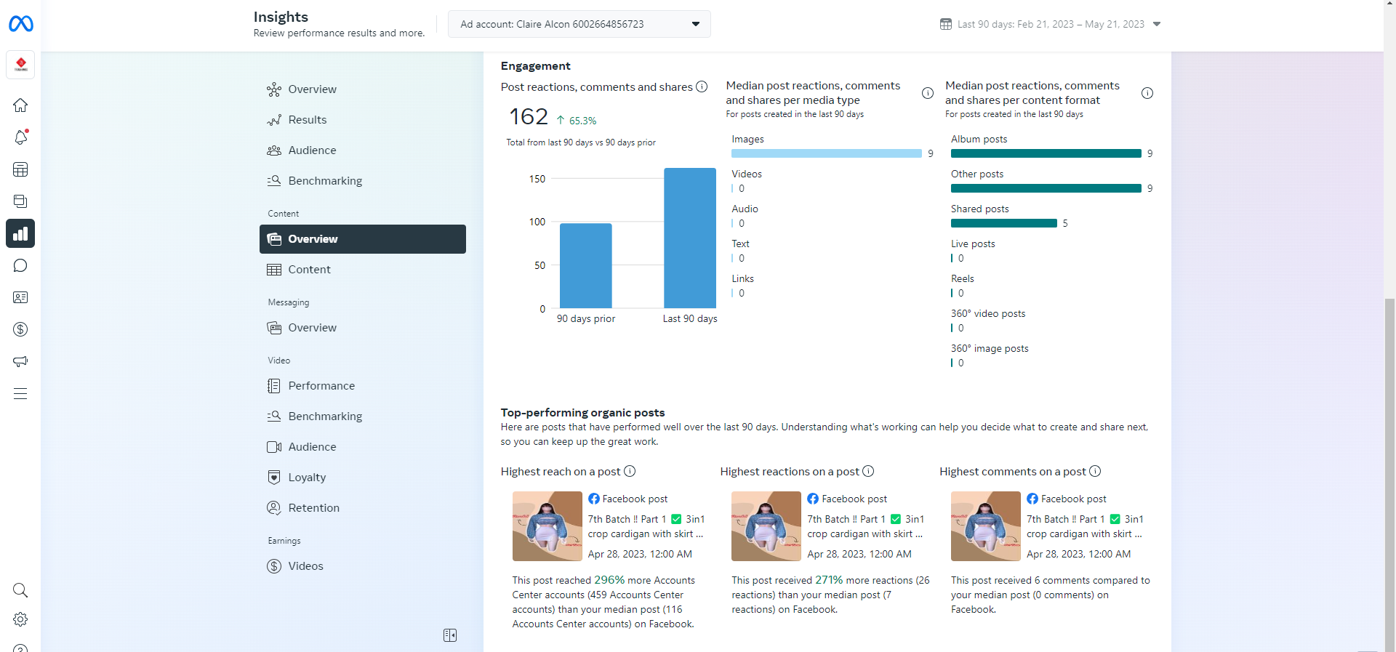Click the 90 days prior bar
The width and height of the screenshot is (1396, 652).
585,265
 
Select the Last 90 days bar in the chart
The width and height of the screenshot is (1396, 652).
689,238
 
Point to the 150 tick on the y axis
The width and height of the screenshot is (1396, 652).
537,179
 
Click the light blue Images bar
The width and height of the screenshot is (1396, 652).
826,153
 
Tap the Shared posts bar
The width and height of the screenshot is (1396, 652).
1003,223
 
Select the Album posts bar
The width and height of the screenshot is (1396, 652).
1046,153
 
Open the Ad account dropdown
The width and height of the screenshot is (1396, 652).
579,24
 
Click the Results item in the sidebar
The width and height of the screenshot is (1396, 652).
307,120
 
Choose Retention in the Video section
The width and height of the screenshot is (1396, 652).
313,508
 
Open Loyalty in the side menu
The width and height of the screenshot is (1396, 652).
307,478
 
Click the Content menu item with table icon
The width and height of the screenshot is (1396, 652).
309,270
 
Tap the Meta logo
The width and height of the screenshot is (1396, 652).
20,24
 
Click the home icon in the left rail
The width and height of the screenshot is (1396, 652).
20,105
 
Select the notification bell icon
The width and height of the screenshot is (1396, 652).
20,137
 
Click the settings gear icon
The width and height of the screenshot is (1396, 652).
20,619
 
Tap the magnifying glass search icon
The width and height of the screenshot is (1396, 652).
20,590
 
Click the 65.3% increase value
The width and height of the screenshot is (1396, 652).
582,121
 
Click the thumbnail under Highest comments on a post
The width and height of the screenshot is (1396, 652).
985,526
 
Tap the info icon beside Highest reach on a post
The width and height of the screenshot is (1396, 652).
630,471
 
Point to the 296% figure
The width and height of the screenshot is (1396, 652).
609,580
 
